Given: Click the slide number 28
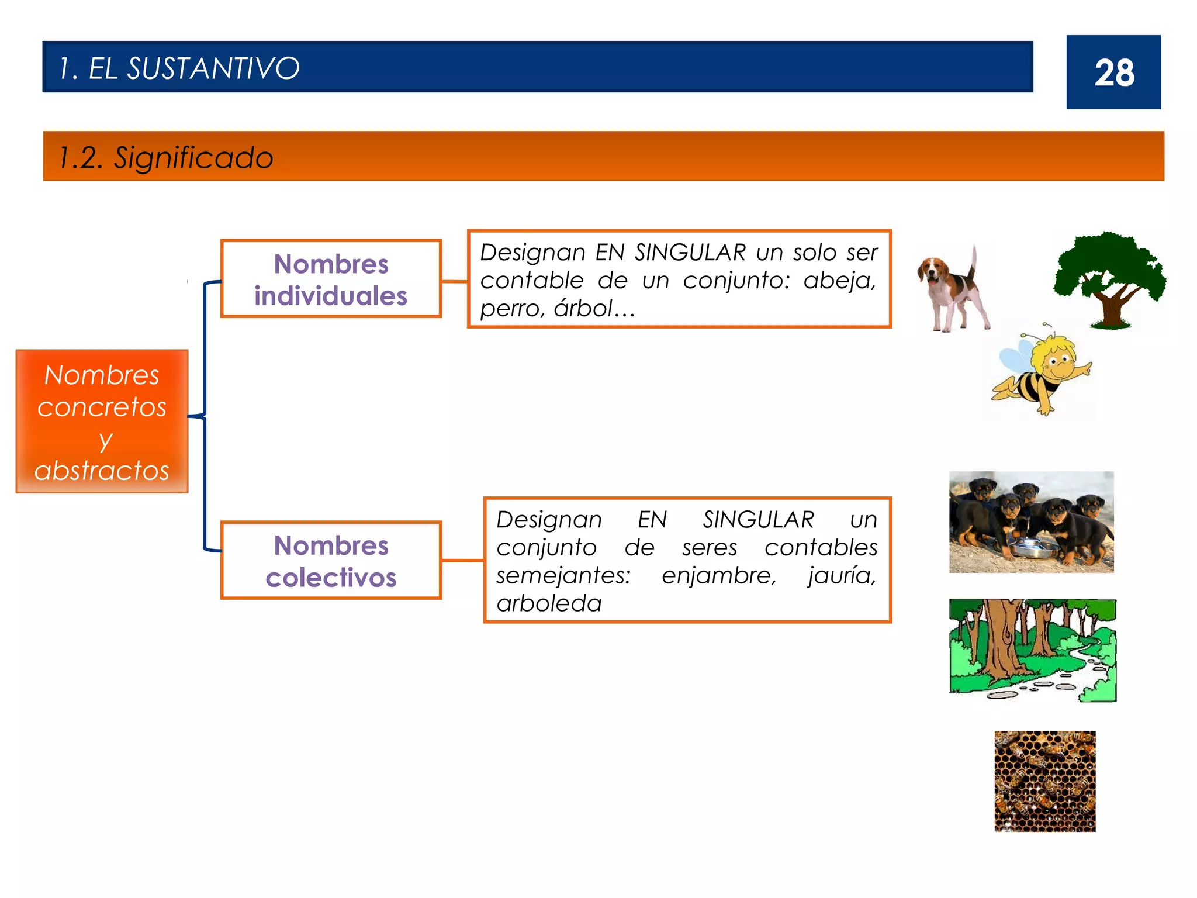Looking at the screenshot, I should point(1114,73).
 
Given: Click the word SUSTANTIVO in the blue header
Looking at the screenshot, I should point(213,68).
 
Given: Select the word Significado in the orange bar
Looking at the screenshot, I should point(193,158).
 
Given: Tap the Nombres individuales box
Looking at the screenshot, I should point(331,279).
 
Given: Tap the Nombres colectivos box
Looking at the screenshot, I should point(331,561).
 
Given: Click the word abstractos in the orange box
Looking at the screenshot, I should point(102,470).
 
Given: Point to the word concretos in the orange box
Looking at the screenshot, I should point(102,407).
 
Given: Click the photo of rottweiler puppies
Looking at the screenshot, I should point(1031,521).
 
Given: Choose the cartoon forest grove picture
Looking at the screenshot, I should point(1032,650).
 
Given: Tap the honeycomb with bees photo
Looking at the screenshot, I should point(1044,781).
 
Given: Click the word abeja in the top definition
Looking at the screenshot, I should point(839,281).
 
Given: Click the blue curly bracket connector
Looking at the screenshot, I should point(205,416).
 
